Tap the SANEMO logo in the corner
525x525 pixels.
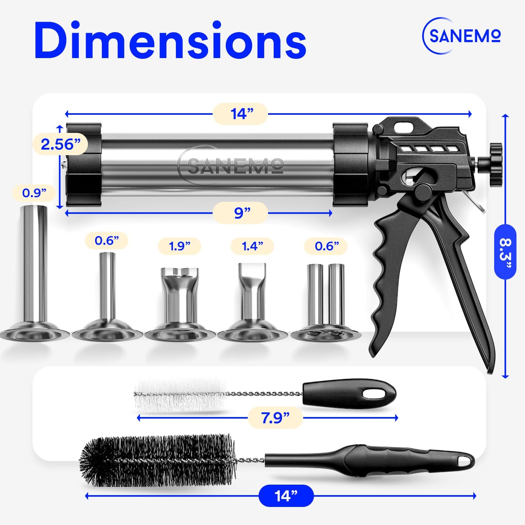tap(461, 35)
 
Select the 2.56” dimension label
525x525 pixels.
tap(60, 144)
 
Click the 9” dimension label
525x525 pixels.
tap(241, 213)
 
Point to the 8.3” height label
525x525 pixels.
tap(505, 252)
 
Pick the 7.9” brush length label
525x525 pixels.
tap(275, 418)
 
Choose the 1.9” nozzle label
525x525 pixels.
tap(179, 246)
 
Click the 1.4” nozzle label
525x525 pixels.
tap(252, 246)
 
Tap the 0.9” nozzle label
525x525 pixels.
tap(34, 193)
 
